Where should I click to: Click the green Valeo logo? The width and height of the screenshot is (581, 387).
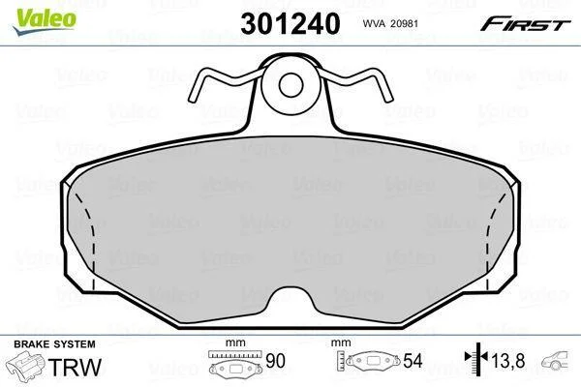(x=45, y=21)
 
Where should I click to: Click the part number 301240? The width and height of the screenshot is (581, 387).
(x=290, y=23)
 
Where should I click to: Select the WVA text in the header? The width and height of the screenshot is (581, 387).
(x=374, y=23)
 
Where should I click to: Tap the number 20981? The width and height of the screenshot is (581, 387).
(x=406, y=23)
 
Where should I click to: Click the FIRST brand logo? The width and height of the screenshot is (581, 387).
(x=525, y=23)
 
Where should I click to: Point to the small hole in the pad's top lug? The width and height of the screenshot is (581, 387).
(x=290, y=85)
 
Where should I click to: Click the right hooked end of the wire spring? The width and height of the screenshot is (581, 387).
(x=387, y=97)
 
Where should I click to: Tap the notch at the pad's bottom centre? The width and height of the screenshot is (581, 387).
(x=290, y=296)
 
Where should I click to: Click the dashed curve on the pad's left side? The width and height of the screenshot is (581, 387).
(x=93, y=237)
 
